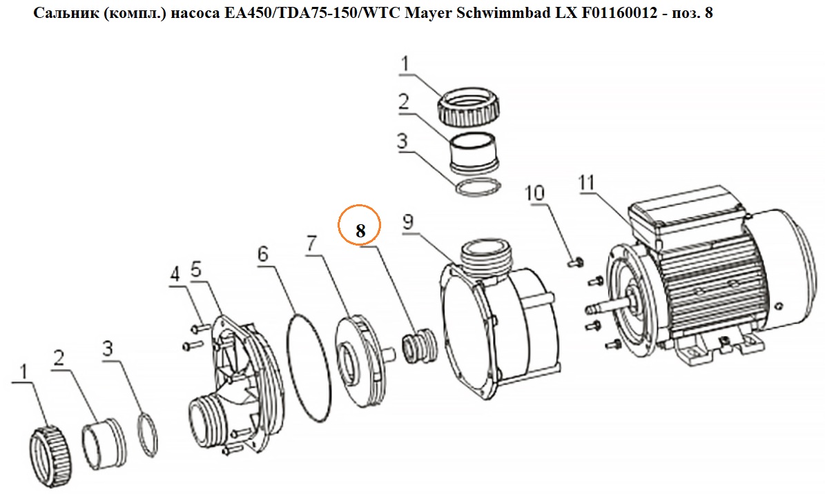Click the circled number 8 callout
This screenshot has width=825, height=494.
click(360, 225)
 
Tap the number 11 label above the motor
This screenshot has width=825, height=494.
click(587, 183)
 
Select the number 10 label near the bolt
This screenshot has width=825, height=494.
click(534, 192)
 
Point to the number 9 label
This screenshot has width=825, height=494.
click(408, 223)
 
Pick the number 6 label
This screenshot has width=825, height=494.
click(262, 254)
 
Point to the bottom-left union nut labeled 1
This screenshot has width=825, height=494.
click(46, 448)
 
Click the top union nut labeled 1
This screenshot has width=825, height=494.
click(468, 108)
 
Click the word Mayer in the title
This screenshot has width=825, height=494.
click(430, 13)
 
